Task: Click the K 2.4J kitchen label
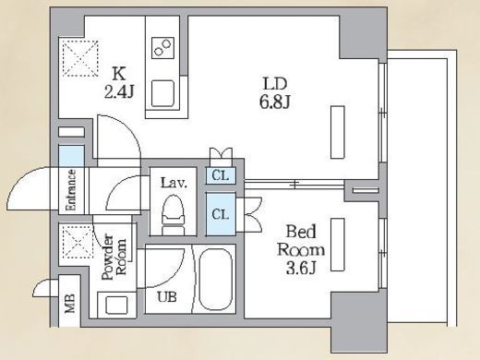pyautogui.click(x=119, y=82)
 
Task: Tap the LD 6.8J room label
pyautogui.click(x=274, y=93)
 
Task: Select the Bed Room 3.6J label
pyautogui.click(x=301, y=249)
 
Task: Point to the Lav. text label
pyautogui.click(x=174, y=184)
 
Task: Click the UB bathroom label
pyautogui.click(x=167, y=297)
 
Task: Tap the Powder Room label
pyautogui.click(x=114, y=258)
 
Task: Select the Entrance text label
pyautogui.click(x=71, y=190)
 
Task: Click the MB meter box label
pyautogui.click(x=70, y=304)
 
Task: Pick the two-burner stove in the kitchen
pyautogui.click(x=162, y=48)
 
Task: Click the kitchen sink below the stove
pyautogui.click(x=162, y=93)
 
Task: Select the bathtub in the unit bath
pyautogui.click(x=215, y=279)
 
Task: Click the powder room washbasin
pyautogui.click(x=116, y=305)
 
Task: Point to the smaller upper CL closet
pyautogui.click(x=221, y=175)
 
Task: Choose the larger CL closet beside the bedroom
pyautogui.click(x=221, y=214)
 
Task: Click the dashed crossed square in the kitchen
pyautogui.click(x=80, y=58)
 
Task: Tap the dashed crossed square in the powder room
pyautogui.click(x=78, y=243)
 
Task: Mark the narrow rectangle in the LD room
pyautogui.click(x=338, y=132)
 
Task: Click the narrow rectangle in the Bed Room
pyautogui.click(x=338, y=245)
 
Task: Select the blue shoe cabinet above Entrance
pyautogui.click(x=71, y=156)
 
